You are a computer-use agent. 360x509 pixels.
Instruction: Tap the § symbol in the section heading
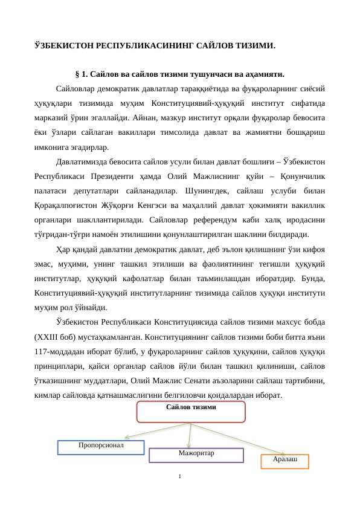point(77,75)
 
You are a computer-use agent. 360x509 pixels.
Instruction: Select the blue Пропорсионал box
point(101,447)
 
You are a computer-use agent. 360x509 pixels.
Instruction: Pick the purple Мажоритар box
point(196,455)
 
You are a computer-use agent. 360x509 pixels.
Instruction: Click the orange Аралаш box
point(284,461)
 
